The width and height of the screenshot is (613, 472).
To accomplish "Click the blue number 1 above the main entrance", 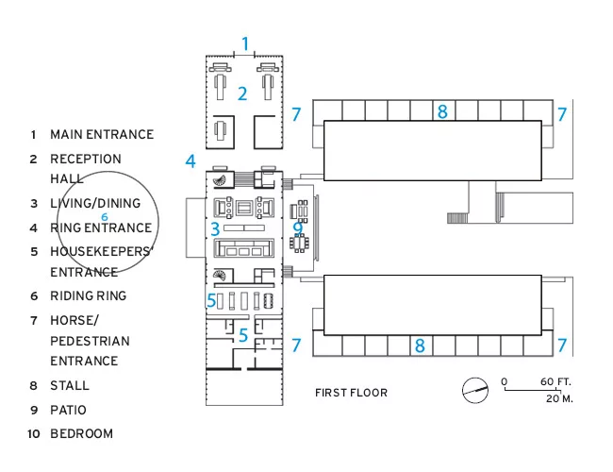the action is pos(245,43).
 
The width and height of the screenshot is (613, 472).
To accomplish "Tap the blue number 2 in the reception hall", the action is pos(242,94).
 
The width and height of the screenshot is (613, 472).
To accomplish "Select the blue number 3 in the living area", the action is pos(215,229).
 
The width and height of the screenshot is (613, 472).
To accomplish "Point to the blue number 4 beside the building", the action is pos(191,160).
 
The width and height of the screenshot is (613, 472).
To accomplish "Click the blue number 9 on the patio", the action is pos(298,227).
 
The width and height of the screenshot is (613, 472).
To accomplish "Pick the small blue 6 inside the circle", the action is pos(105,217).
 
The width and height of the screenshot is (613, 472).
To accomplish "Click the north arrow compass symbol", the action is pos(475,390).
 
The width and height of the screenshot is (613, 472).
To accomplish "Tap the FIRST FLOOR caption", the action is pos(351,393).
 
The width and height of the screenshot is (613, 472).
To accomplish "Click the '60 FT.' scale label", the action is pos(555,381).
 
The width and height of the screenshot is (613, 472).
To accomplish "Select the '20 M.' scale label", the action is pos(559,398).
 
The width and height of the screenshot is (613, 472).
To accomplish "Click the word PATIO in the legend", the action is pos(68,410).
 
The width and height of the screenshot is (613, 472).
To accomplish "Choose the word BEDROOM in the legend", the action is pos(82,433).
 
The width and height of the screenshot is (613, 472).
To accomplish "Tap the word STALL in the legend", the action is pos(70,385).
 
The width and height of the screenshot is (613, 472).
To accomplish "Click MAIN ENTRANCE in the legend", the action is pos(102,134).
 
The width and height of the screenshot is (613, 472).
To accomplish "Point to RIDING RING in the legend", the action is pos(89,295).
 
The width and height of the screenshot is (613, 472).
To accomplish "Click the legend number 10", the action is pos(34,434).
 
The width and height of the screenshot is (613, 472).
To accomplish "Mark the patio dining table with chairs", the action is pos(300,244).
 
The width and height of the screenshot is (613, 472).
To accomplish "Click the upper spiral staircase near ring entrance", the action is pos(220,181).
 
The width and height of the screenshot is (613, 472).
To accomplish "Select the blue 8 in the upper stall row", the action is pos(442,111).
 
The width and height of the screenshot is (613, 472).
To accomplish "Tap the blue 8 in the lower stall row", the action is pos(420,346).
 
